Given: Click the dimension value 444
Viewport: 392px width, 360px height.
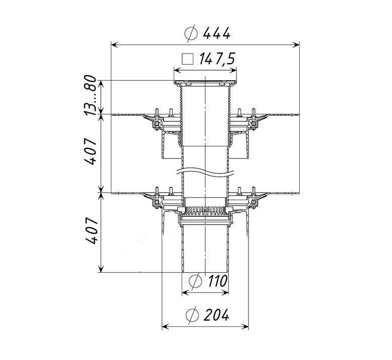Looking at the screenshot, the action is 216,34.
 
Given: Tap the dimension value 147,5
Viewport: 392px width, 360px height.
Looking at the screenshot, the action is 217,60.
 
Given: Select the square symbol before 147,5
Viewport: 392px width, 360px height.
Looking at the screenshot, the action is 188,60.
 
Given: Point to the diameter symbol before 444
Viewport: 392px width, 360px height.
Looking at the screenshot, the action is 191,34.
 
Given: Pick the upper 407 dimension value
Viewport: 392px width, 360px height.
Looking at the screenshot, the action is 90,152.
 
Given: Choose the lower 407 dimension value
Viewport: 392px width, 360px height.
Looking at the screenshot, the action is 90,231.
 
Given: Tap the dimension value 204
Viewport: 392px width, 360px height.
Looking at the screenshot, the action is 216,315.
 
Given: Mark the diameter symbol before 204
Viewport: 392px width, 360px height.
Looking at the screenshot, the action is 192,315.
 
